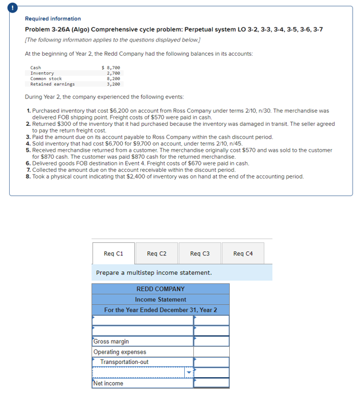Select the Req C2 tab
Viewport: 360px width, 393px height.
point(156,253)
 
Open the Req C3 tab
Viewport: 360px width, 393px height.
point(200,253)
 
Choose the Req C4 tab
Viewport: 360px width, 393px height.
point(243,253)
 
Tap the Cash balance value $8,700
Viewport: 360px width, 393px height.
point(110,68)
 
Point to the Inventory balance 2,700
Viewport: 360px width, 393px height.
point(113,73)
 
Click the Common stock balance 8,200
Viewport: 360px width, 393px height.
point(113,78)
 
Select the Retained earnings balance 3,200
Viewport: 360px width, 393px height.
point(113,84)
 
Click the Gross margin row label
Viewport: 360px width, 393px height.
point(111,341)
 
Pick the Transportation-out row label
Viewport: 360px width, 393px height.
point(125,362)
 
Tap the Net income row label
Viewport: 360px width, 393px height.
point(109,383)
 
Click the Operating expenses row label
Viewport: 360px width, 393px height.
point(120,352)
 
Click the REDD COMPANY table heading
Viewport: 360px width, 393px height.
point(161,289)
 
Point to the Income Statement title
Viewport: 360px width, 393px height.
point(161,300)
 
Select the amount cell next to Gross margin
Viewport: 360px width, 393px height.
point(211,341)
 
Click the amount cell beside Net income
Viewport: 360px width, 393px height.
point(211,383)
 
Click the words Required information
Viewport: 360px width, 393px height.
point(53,19)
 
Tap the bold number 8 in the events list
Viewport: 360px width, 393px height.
point(28,176)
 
